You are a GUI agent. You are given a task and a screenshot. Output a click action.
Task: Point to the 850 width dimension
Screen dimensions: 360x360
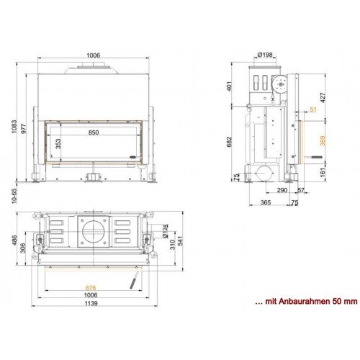(x=94, y=132)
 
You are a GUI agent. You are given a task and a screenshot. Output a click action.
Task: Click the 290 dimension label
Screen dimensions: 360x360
(x=282, y=190)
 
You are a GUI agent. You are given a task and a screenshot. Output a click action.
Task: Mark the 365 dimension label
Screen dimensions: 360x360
(x=265, y=203)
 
